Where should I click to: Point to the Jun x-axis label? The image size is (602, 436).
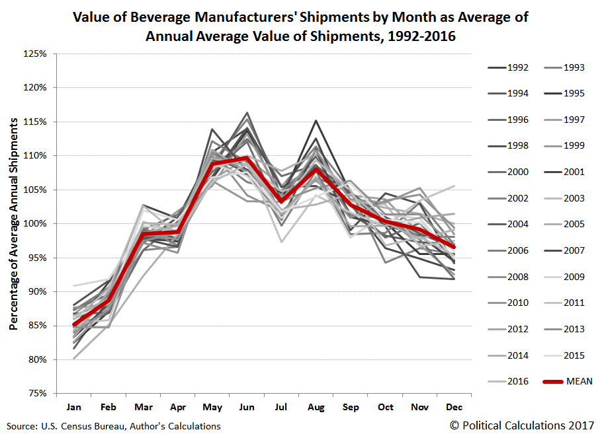[x=247, y=407]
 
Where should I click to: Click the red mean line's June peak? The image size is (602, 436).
[x=247, y=158]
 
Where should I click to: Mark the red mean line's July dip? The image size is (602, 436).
[x=282, y=201]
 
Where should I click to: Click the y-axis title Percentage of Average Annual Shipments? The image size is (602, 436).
[x=13, y=223]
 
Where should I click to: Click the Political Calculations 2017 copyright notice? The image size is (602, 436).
[x=521, y=425]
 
